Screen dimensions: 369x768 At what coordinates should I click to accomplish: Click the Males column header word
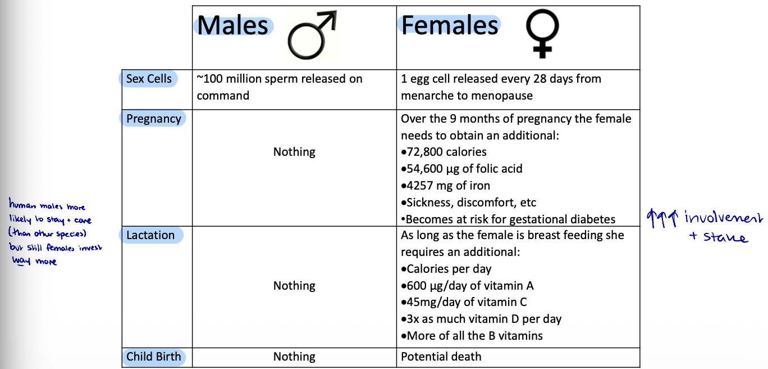pos(232,26)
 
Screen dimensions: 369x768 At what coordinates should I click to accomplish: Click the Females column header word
pos(449,25)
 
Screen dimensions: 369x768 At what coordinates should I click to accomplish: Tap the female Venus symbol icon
pos(542,34)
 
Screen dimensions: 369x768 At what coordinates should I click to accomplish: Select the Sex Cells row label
pos(149,79)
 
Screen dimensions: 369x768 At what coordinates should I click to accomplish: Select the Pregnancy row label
pos(153,119)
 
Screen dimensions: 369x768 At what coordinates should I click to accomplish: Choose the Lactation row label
pos(150,235)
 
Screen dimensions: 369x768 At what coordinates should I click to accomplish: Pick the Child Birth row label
pos(153,357)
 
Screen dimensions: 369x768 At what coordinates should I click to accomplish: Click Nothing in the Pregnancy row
pos(294,152)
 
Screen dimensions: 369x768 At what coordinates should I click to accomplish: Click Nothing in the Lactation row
pos(294,286)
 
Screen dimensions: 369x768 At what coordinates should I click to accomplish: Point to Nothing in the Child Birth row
pos(294,357)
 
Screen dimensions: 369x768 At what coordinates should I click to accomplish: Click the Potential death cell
pos(441,357)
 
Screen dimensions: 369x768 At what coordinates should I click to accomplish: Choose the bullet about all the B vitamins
pos(472,336)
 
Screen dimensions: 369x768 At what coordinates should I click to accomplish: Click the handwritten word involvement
pos(724,218)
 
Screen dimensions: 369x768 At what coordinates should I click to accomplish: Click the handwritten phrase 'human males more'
pos(47,206)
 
